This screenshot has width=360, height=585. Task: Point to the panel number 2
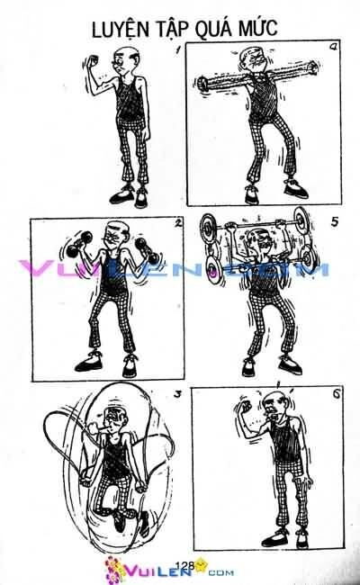178,223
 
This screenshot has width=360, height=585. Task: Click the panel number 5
334,222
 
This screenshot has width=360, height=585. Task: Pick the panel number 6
337,394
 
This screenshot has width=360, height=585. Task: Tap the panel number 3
178,394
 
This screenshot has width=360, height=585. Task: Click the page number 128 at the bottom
184,565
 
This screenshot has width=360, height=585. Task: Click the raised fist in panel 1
93,60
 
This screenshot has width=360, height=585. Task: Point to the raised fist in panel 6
244,407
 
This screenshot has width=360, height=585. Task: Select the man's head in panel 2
117,236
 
